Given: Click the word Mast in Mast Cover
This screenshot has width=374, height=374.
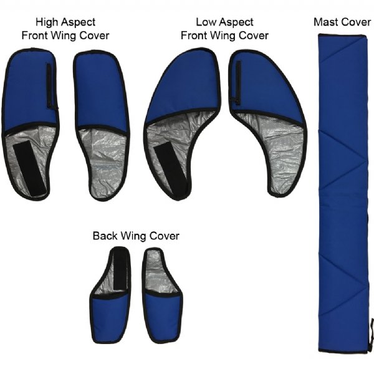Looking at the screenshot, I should click(327, 22).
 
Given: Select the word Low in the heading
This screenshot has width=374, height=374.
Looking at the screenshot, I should click(206, 22).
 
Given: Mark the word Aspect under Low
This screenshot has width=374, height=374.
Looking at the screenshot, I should click(237, 22).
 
